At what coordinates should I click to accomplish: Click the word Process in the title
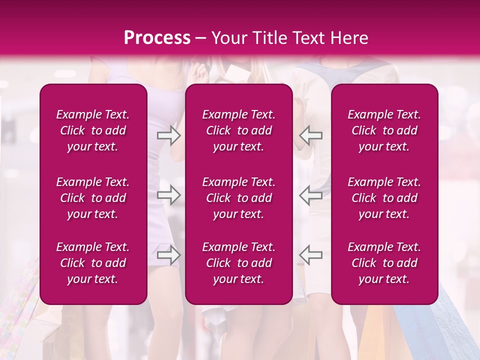click(x=157, y=38)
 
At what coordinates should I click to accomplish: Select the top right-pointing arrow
click(x=169, y=135)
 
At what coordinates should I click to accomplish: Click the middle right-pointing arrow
click(x=169, y=195)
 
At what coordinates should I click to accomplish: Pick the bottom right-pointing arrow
click(x=169, y=255)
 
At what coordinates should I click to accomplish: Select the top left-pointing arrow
click(x=310, y=135)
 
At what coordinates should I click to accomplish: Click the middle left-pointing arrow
click(x=310, y=195)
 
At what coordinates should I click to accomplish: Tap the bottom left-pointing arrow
click(x=310, y=255)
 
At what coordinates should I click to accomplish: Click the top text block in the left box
click(x=93, y=130)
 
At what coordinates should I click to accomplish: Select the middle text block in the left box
click(x=93, y=198)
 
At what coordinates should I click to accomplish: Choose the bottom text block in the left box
click(x=93, y=263)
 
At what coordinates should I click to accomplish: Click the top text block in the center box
click(x=238, y=130)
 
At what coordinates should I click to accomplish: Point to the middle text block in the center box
click(x=238, y=198)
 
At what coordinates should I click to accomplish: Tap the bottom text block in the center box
click(x=238, y=263)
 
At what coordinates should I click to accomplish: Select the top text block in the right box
click(x=384, y=130)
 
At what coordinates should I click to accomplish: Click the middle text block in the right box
click(x=384, y=198)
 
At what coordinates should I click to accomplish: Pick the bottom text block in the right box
click(x=384, y=263)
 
